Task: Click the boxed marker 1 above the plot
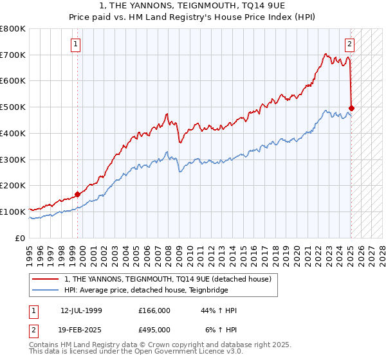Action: tap(76, 44)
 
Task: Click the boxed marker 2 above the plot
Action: tap(349, 44)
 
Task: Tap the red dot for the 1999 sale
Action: tap(77, 194)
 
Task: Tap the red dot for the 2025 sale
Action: tap(352, 108)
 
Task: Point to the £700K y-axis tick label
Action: tap(13, 55)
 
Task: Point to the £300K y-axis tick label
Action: tap(13, 159)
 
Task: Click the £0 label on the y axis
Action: tap(21, 238)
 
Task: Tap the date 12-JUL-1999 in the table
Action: tap(81, 310)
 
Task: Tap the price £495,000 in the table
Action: tap(154, 329)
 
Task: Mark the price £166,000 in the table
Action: tap(154, 310)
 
